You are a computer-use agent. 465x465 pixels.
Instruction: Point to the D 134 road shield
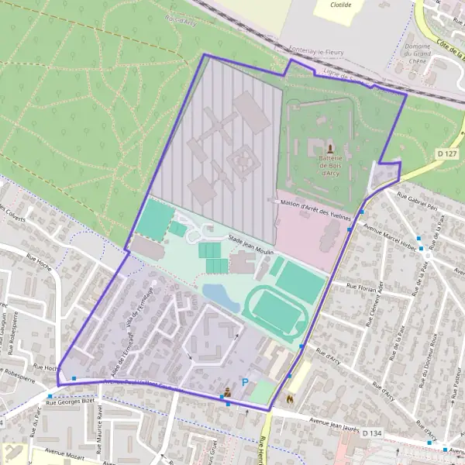tap(373, 433)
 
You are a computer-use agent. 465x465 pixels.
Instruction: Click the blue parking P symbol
tap(246, 382)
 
